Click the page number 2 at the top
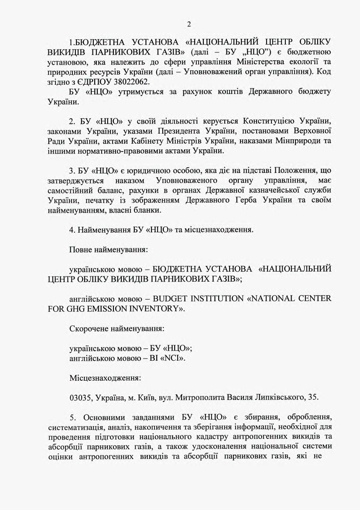(189, 24)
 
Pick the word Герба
(250, 200)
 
